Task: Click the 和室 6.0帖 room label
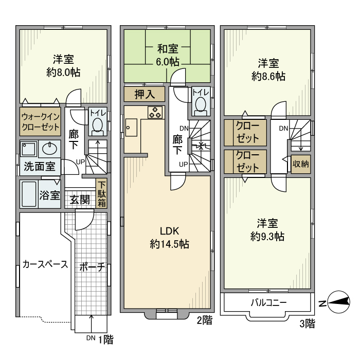168,55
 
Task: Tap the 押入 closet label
145,94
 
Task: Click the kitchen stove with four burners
155,112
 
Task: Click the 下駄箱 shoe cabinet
102,194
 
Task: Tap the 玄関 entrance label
80,199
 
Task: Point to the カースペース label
45,265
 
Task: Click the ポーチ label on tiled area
92,267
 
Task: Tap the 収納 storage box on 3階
301,164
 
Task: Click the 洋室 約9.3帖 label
267,230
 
